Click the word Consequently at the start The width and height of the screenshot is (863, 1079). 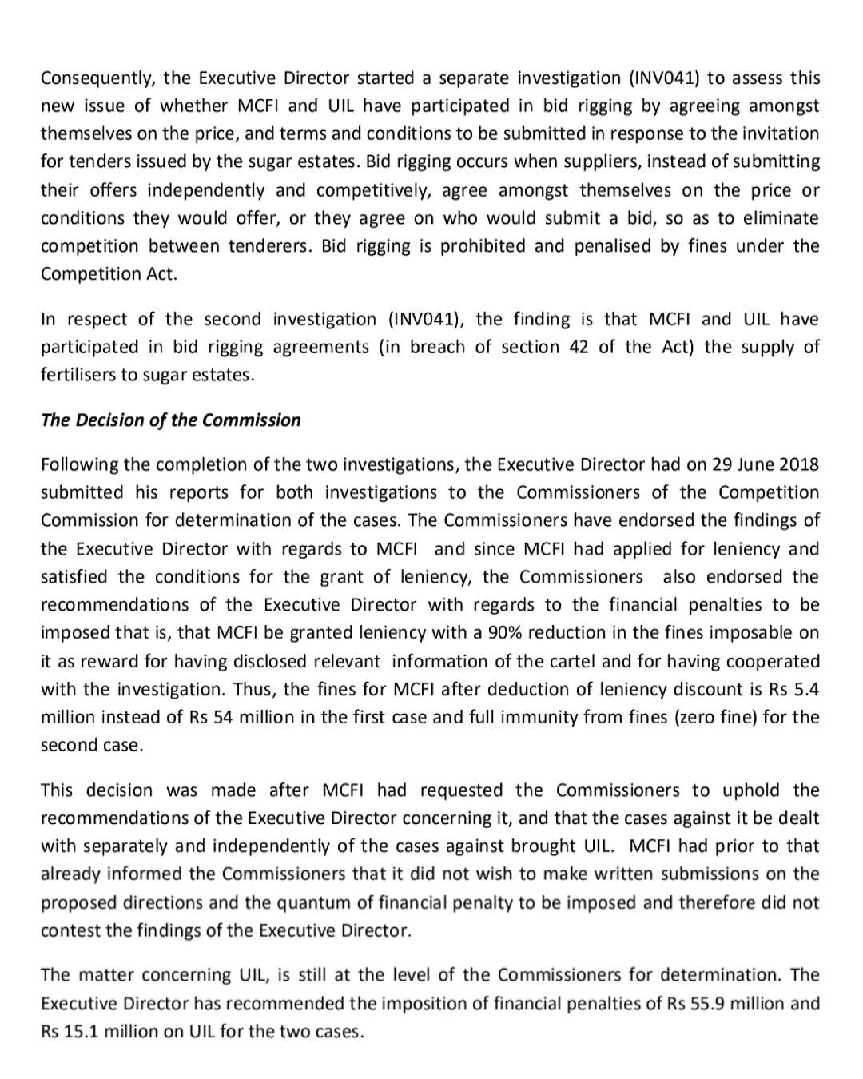click(97, 78)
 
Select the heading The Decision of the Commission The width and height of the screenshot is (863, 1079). click(171, 420)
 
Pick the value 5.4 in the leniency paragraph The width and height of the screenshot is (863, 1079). click(806, 689)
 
